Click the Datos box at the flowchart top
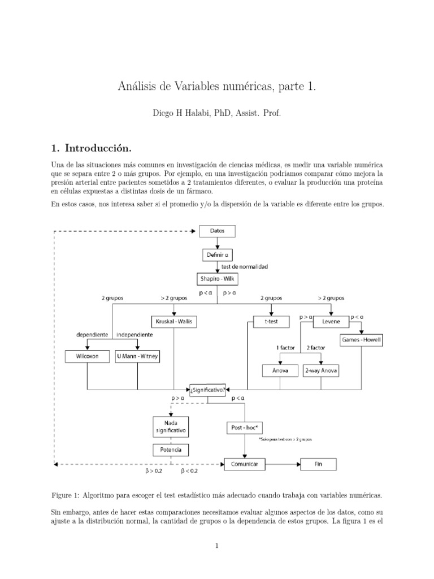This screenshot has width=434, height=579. tap(216, 231)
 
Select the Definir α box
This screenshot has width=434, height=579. tap(216, 255)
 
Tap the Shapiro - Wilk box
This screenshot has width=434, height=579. tap(217, 279)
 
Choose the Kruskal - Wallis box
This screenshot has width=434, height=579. tap(173, 322)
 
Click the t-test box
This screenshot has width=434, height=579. tap(271, 322)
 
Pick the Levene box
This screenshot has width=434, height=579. tap(331, 322)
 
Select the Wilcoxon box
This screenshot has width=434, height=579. tap(87, 357)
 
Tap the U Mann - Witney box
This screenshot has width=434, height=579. tap(137, 357)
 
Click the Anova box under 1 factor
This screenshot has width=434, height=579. tap(280, 371)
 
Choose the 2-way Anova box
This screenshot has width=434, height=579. tap(321, 371)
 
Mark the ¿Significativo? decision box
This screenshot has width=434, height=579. tap(209, 389)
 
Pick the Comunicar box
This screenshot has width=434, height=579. tap(245, 464)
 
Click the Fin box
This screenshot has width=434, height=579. tap(318, 464)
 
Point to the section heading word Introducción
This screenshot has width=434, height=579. tap(98, 148)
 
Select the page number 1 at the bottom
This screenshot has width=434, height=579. tap(217, 546)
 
